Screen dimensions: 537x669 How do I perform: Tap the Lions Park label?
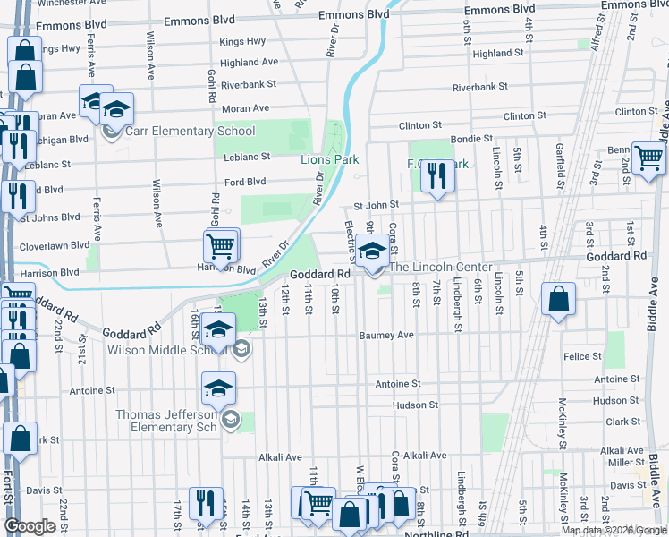pyautogui.click(x=328, y=159)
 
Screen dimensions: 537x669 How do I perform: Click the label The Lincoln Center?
pyautogui.click(x=439, y=268)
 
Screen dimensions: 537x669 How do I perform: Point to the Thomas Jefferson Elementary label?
pyautogui.click(x=167, y=421)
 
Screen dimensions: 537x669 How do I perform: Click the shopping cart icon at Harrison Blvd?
pyautogui.click(x=221, y=245)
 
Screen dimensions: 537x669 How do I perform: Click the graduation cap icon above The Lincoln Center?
pyautogui.click(x=372, y=250)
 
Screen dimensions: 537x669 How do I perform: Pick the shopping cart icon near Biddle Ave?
pyautogui.click(x=648, y=158)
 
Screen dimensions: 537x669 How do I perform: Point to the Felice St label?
pyautogui.click(x=583, y=356)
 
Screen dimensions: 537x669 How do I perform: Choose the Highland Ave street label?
pyautogui.click(x=249, y=63)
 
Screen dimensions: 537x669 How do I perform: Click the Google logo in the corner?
pyautogui.click(x=30, y=527)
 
